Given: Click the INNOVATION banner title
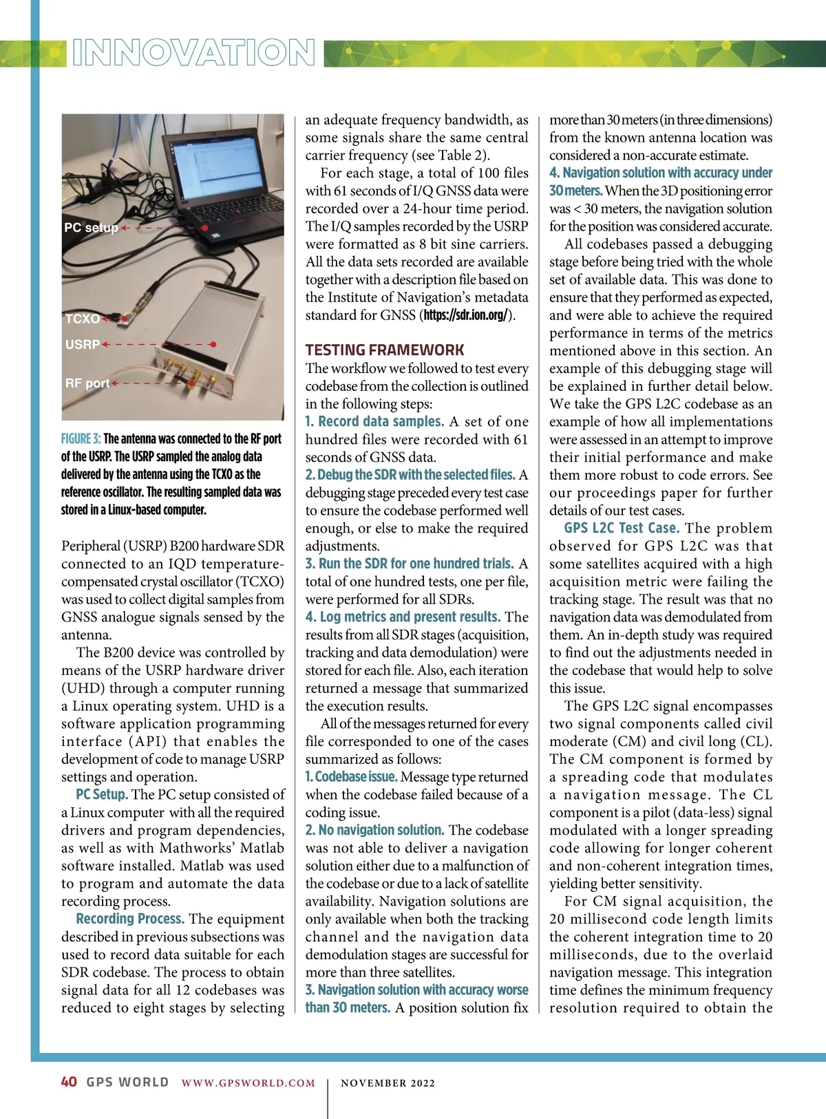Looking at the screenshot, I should coord(193,52).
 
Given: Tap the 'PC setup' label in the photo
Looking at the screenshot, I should coord(91,228).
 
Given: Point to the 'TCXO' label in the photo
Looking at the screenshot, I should coord(83,319).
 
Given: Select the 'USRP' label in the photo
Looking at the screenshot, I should coord(83,344).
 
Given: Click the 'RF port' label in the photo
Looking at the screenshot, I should coord(87,383).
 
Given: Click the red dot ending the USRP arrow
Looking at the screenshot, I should coord(213,344).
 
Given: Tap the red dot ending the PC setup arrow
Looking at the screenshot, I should coord(205,228).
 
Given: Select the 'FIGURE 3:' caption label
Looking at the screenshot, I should coord(81,439).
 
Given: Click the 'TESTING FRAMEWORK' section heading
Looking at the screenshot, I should coord(385,350).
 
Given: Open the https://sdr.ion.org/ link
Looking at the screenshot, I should coord(466,315).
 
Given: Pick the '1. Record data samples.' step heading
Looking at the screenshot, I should coord(374,421).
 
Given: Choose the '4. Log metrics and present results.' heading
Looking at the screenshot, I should coord(403,617).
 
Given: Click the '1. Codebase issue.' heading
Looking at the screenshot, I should coord(351,777).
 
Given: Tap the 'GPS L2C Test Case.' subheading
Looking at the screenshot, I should coord(622,528).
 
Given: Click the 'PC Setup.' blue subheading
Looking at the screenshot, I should coord(102,794).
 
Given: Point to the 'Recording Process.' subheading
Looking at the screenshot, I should coord(130,919).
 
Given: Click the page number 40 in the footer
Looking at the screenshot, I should coord(69,1082).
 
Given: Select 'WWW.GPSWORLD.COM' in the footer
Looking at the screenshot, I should coord(248,1083).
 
